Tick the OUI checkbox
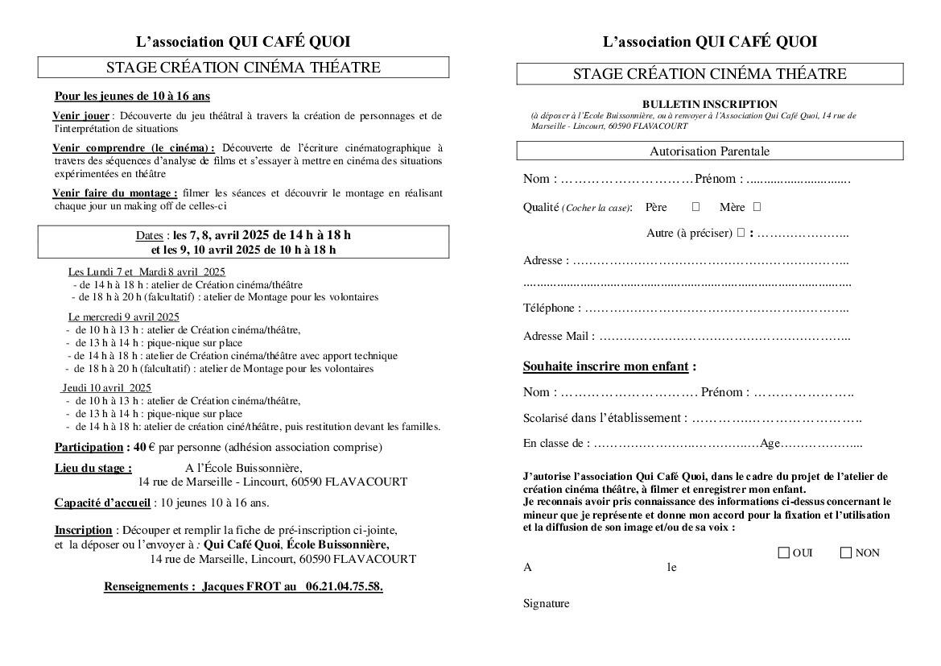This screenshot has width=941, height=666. (784, 553)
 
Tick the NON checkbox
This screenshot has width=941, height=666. (846, 553)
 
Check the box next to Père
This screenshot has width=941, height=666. (696, 207)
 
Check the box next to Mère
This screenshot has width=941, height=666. (757, 207)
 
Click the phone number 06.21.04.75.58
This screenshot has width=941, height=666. (344, 586)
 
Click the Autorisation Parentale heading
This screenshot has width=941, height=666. (709, 151)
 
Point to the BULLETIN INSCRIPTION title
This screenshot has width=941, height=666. (709, 104)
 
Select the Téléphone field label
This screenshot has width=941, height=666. (551, 308)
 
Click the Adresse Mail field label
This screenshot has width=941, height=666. (559, 336)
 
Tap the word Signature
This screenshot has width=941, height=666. (546, 603)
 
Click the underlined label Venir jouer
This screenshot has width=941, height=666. (81, 116)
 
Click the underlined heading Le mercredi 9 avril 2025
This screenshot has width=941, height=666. (124, 316)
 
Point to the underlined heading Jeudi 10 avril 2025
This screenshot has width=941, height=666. (107, 387)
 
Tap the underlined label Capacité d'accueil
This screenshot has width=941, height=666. (102, 503)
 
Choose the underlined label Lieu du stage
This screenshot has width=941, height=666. (93, 468)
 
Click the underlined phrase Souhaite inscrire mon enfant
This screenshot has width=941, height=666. (605, 366)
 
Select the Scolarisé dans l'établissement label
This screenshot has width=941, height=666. (605, 418)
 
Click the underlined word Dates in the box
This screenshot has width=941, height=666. (149, 235)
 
